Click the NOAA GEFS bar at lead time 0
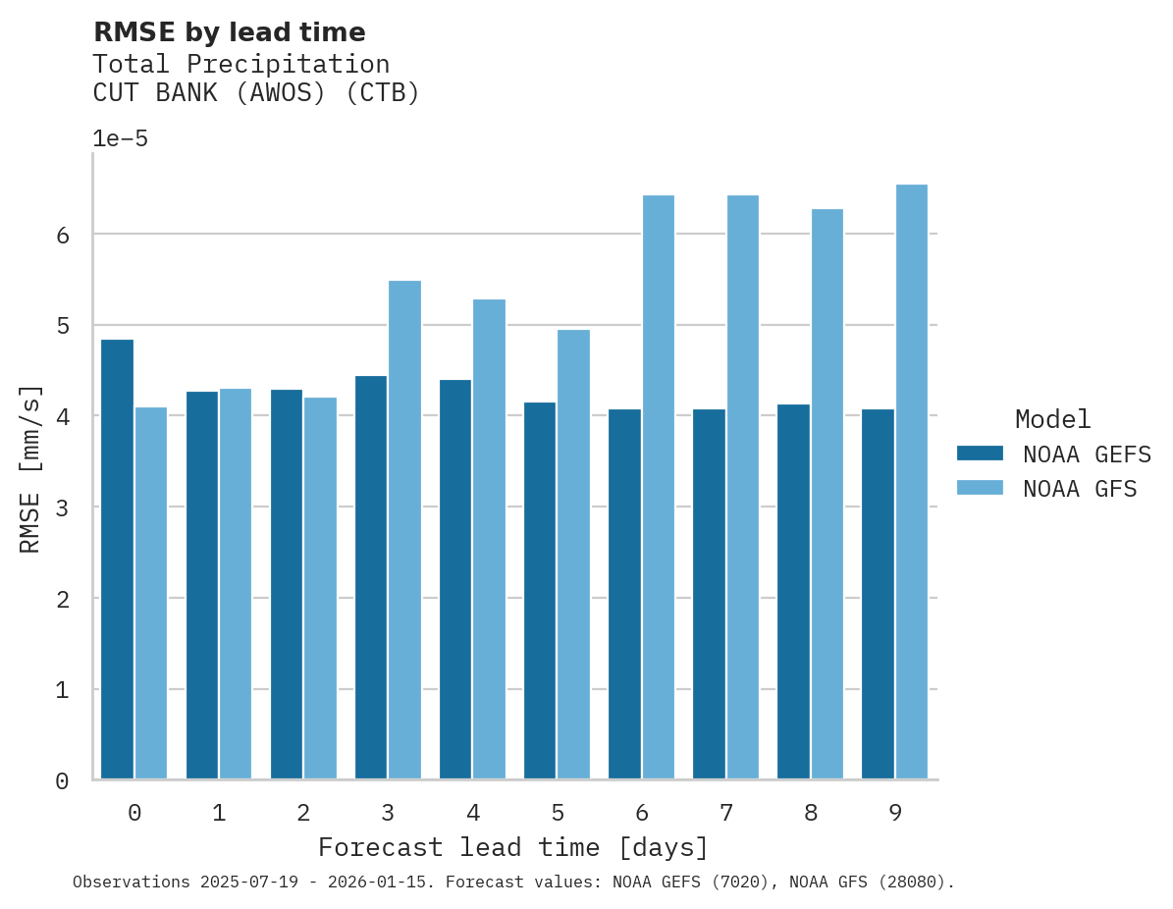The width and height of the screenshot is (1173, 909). coord(117,560)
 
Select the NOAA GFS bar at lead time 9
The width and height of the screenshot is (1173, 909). coord(912,482)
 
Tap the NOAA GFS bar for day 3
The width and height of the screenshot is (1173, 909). coord(404,530)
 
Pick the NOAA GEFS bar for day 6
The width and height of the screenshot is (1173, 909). coord(624,594)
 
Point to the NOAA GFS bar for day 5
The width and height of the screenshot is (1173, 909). coord(573,555)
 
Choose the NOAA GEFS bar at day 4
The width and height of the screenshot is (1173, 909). coord(455,579)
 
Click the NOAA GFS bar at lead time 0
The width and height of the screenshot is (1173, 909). coord(151,593)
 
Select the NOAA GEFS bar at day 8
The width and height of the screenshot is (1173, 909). coord(793,592)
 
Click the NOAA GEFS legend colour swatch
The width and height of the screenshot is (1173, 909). coord(980,454)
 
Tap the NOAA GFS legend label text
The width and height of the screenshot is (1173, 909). coord(1080,489)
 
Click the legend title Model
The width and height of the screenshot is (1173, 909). coord(1052,419)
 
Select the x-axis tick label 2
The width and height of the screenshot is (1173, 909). coord(303,813)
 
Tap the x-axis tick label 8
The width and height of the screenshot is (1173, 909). coord(811,813)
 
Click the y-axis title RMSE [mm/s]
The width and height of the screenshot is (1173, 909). coord(30,469)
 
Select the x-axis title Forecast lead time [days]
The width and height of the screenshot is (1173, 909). coord(512,847)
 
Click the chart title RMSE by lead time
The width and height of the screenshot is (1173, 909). coord(229,32)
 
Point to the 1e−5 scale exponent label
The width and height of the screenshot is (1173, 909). coord(120,138)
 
